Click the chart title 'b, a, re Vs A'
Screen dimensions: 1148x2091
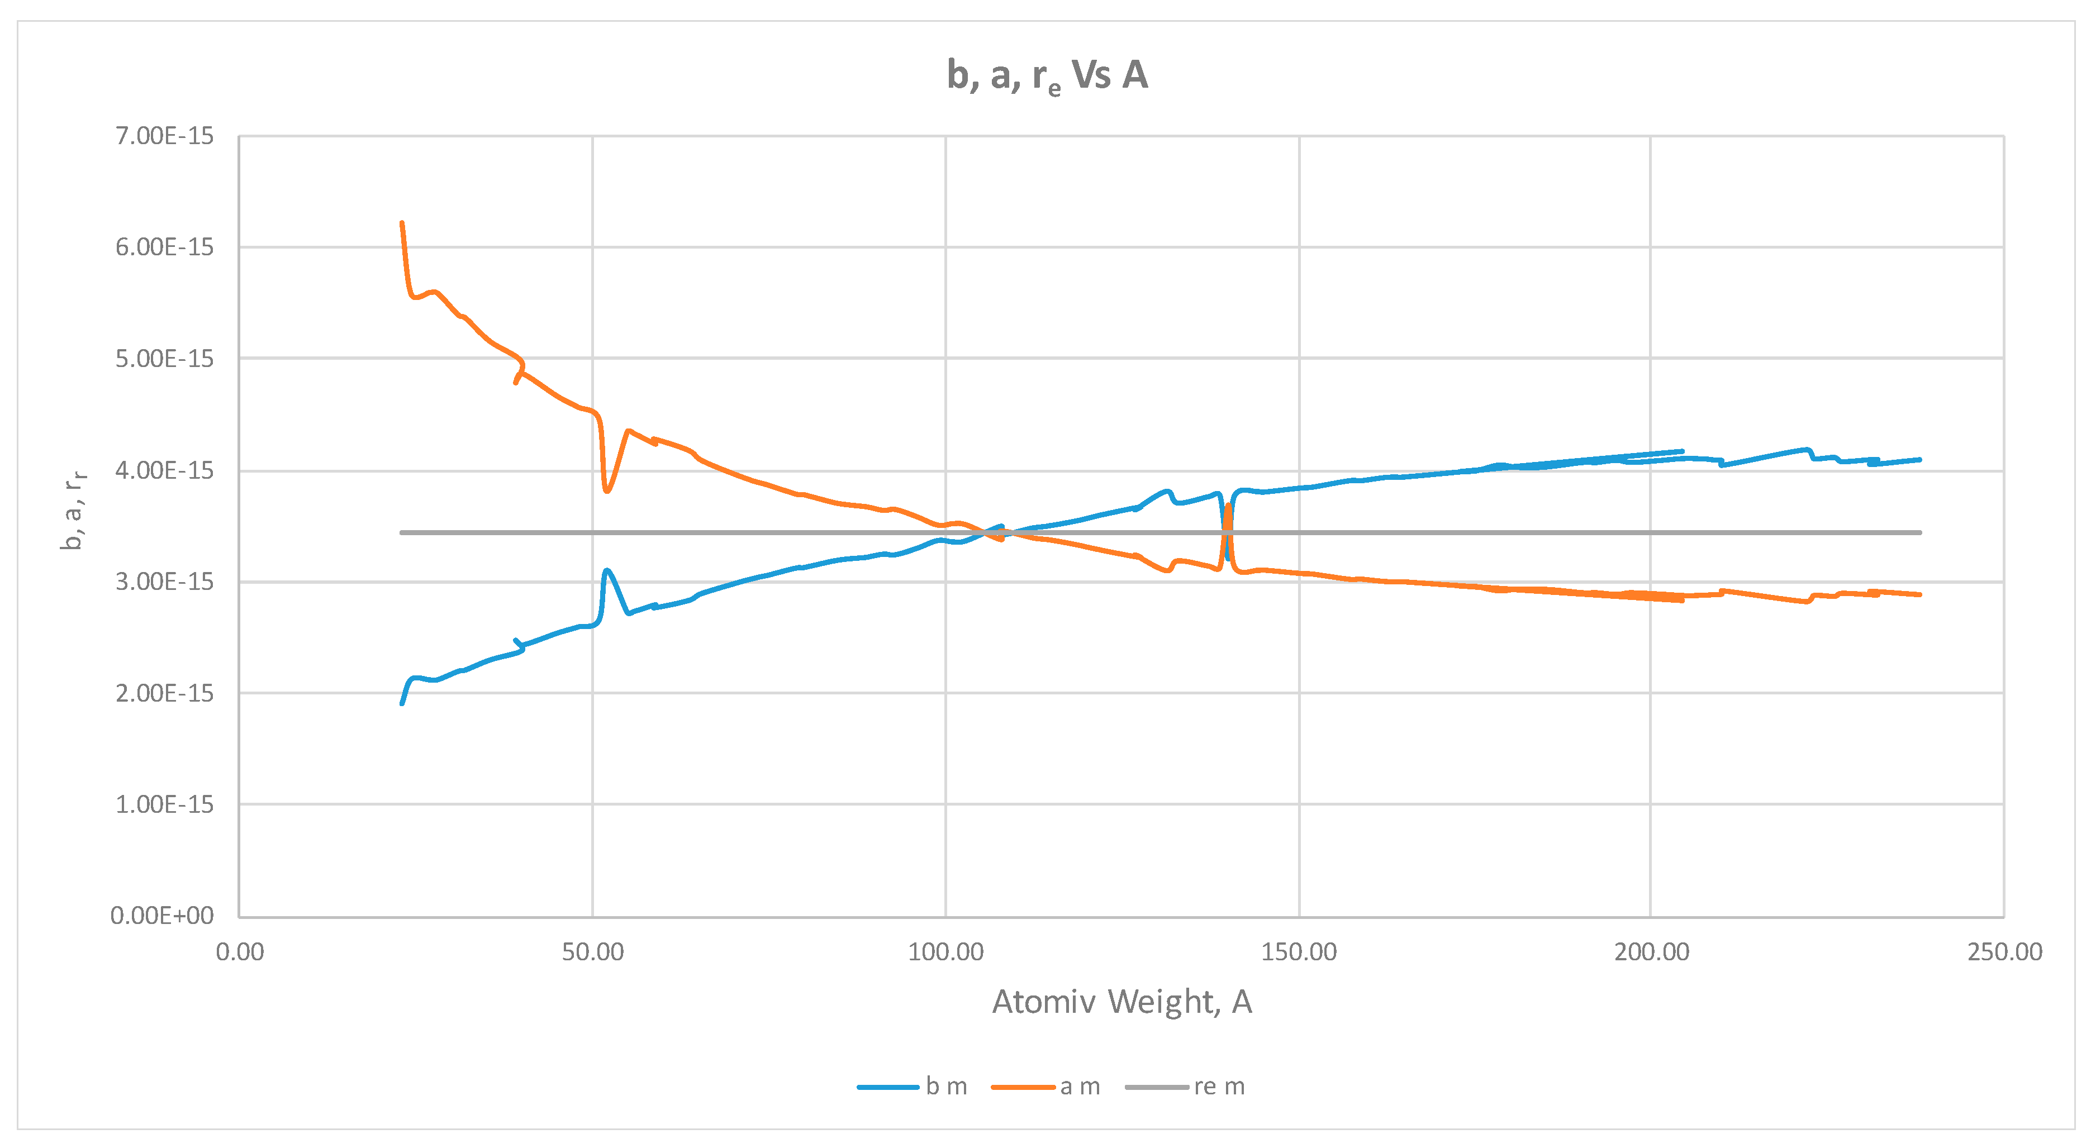pyautogui.click(x=1047, y=75)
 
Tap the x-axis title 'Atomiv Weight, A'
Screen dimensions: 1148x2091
pyautogui.click(x=1122, y=1002)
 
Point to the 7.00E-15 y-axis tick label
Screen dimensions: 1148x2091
pyautogui.click(x=165, y=136)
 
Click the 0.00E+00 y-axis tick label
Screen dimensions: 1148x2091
pyautogui.click(x=163, y=916)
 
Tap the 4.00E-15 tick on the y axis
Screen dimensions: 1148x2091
pyautogui.click(x=165, y=470)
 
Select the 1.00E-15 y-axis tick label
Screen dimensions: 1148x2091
pyautogui.click(x=165, y=805)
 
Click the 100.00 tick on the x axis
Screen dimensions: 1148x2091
pyautogui.click(x=945, y=952)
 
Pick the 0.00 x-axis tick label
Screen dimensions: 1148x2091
pyautogui.click(x=240, y=952)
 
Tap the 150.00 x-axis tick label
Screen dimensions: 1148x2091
pyautogui.click(x=1299, y=952)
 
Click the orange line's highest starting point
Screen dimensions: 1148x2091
pyautogui.click(x=402, y=222)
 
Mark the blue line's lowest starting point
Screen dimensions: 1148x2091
pyautogui.click(x=402, y=703)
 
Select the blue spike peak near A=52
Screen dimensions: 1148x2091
pyautogui.click(x=606, y=570)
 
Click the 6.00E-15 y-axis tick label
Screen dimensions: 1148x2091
pyautogui.click(x=165, y=247)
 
